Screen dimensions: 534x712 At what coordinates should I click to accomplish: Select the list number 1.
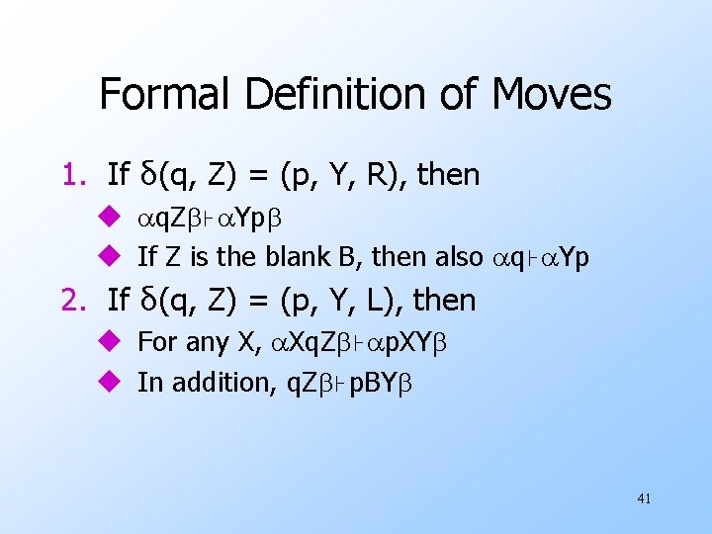(76, 176)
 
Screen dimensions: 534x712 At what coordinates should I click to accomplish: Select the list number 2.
(76, 299)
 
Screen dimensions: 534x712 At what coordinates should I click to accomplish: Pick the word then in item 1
(449, 176)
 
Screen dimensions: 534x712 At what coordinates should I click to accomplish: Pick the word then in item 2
(445, 299)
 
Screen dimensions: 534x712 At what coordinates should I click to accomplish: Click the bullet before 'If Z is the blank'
(110, 258)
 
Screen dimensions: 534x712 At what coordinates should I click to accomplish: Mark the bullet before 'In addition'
(110, 383)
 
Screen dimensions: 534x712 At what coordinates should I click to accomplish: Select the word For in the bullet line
(156, 343)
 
